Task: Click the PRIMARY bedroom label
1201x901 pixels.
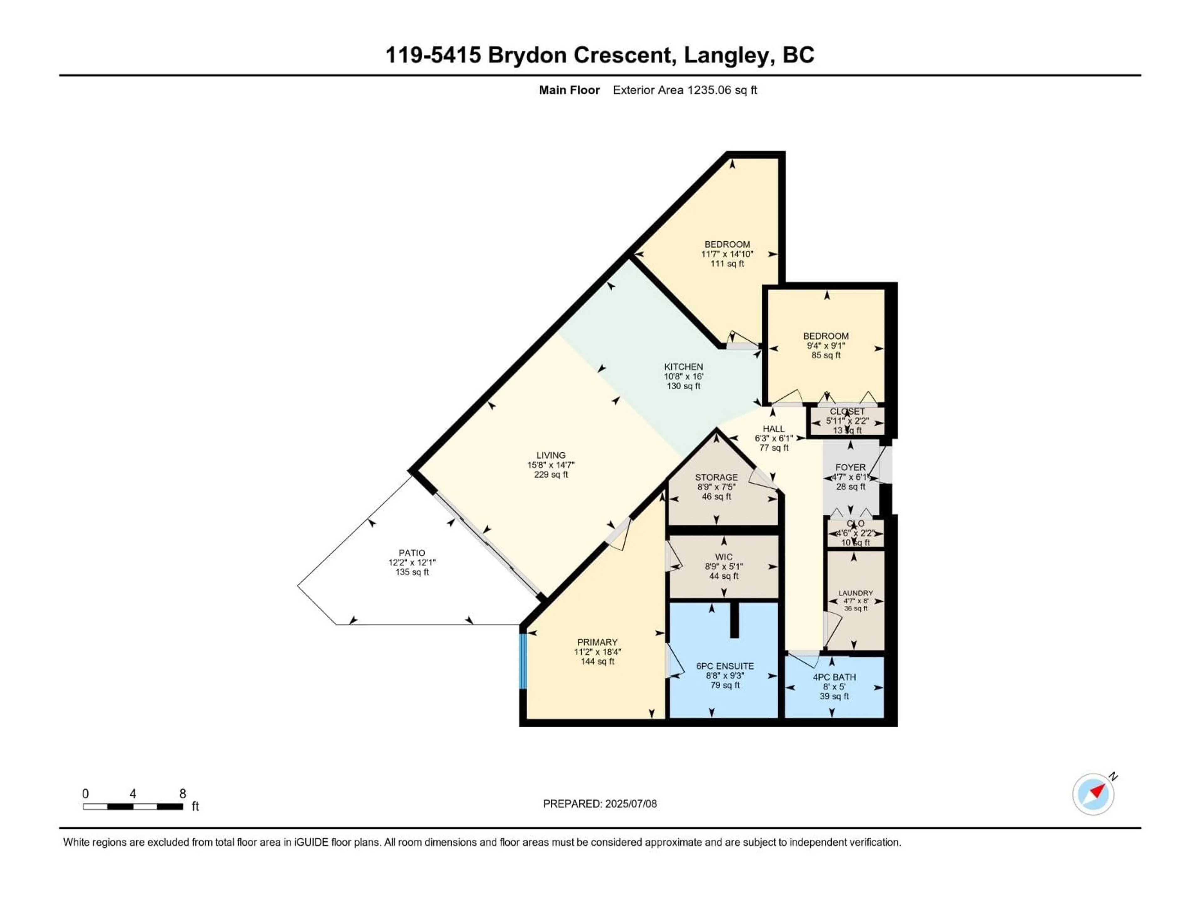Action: (x=597, y=642)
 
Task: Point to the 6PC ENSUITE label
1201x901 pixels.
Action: (x=725, y=666)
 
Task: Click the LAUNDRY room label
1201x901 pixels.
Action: (x=856, y=593)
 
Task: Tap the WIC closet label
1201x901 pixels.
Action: (x=724, y=557)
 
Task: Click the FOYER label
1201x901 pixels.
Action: (x=850, y=467)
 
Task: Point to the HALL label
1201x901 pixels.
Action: (x=773, y=429)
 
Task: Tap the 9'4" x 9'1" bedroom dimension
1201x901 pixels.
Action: (x=826, y=345)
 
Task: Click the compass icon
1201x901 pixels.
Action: (x=1093, y=794)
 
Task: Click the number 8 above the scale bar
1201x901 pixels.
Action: (x=183, y=793)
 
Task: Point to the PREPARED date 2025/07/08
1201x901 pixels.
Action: (x=630, y=804)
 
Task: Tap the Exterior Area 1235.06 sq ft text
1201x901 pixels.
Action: (x=685, y=90)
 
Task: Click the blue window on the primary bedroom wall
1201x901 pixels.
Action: (x=523, y=661)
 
